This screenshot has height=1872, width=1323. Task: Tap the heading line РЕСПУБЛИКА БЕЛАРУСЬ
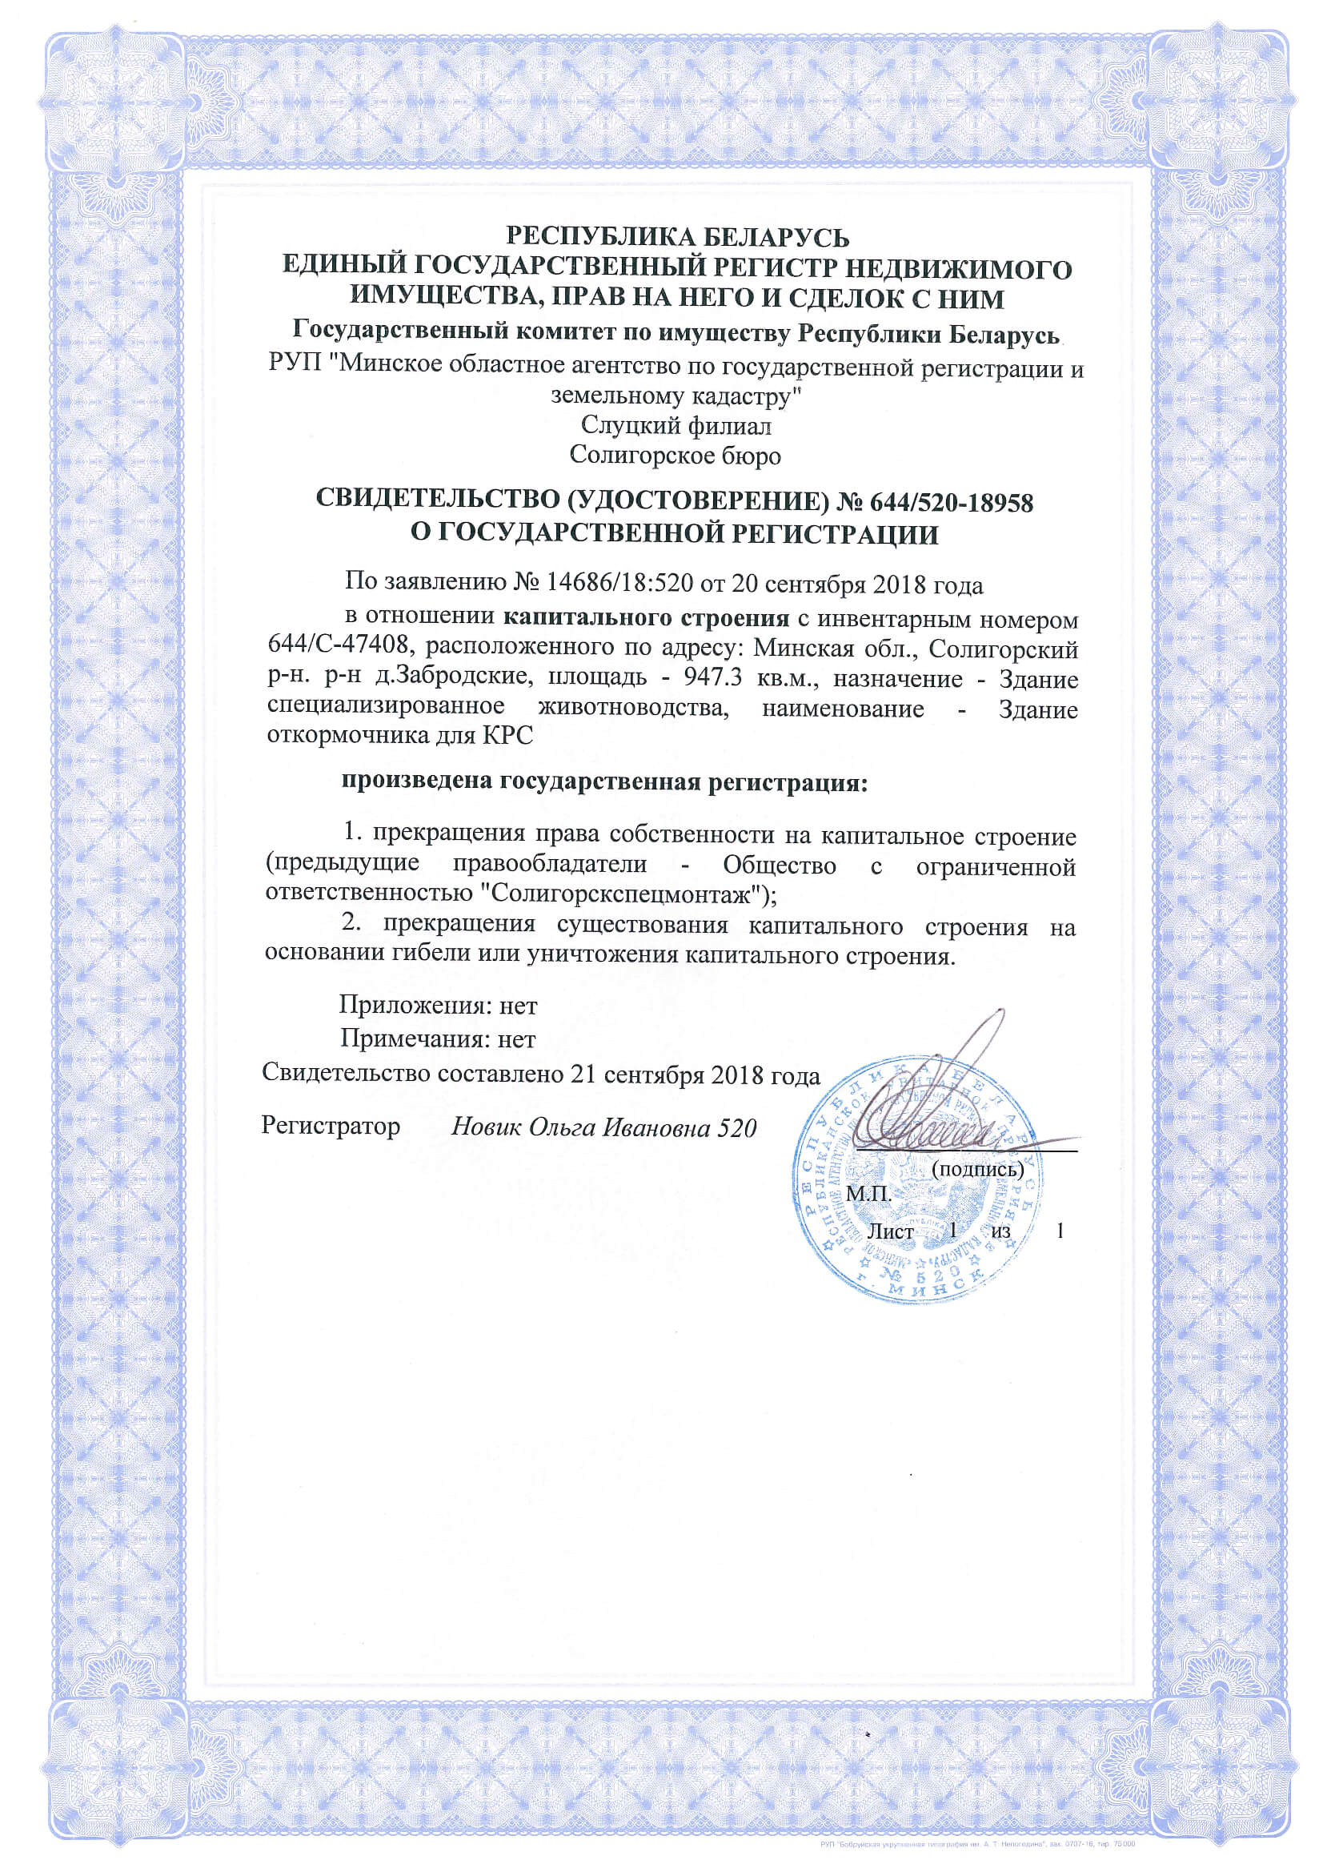678,237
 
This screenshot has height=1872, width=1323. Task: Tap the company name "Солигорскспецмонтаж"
623,894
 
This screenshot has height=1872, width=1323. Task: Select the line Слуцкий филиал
676,426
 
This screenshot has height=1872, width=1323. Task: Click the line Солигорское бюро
675,455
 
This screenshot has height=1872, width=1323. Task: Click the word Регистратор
331,1126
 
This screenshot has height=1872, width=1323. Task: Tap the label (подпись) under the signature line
976,1169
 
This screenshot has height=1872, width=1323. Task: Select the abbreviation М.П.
869,1195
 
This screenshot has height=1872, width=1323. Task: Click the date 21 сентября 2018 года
696,1075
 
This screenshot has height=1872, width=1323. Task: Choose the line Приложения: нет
439,1006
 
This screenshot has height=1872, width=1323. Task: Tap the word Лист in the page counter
890,1231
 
